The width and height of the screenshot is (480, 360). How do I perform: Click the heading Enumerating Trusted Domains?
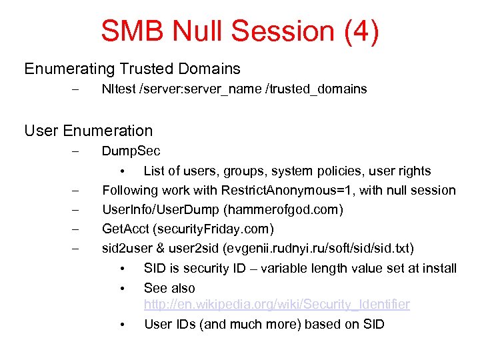132,69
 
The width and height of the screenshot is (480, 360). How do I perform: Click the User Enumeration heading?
88,131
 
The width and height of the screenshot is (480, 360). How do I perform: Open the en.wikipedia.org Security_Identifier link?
277,305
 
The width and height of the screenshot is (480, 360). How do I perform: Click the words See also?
169,288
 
